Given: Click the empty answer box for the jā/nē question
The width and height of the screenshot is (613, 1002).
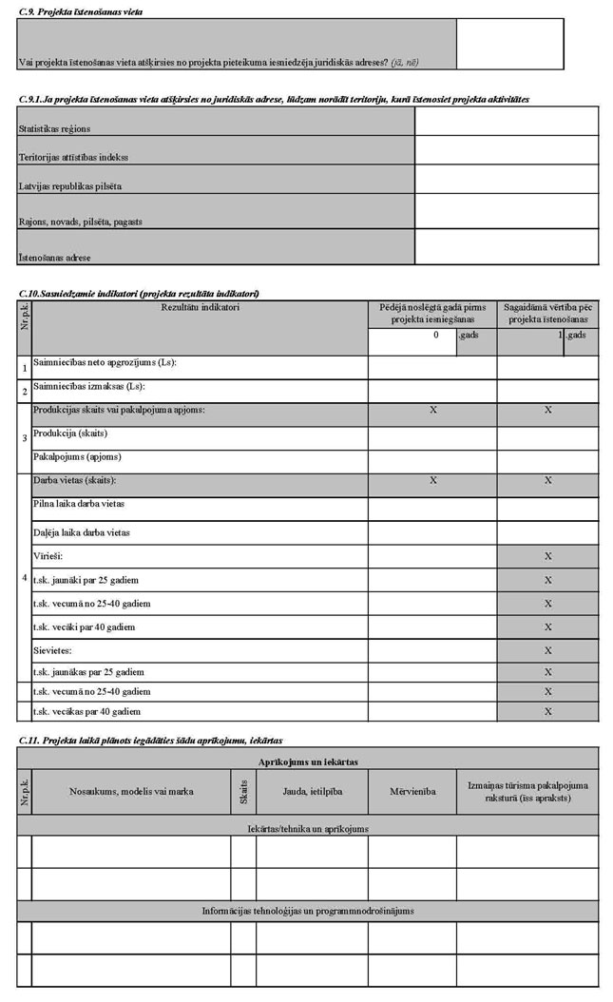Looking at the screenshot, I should coord(509,44).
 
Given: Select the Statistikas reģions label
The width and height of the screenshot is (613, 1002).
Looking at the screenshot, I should coord(61,127).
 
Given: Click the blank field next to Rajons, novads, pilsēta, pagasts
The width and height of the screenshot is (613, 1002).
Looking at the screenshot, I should coord(507,210).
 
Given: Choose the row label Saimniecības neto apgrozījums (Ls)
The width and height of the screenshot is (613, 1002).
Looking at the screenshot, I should coord(105,363).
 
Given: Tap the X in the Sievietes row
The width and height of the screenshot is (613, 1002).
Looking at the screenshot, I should coord(547,650).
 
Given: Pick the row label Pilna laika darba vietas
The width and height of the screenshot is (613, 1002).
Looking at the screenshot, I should coord(79,503).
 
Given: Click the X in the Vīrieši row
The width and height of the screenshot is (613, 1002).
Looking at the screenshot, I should coord(547,555).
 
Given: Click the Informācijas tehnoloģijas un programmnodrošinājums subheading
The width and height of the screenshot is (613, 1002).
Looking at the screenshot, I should coord(308,911).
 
